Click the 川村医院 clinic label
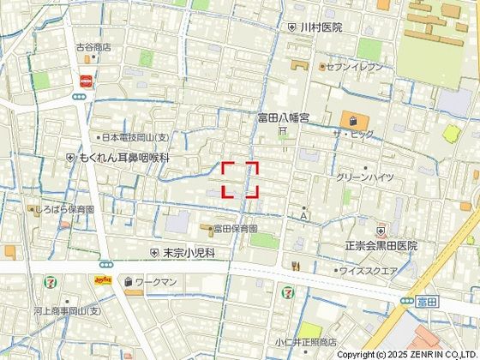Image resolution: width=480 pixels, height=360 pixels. tap(320, 27)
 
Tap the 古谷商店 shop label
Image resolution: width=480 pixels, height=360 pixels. tap(93, 47)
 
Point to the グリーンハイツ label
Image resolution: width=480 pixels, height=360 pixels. tap(365, 177)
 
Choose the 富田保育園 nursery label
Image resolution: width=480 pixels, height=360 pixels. tap(236, 229)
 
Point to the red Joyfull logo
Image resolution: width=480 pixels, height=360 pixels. tap(103, 280)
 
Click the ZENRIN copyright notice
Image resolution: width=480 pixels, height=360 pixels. tap(407, 353)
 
